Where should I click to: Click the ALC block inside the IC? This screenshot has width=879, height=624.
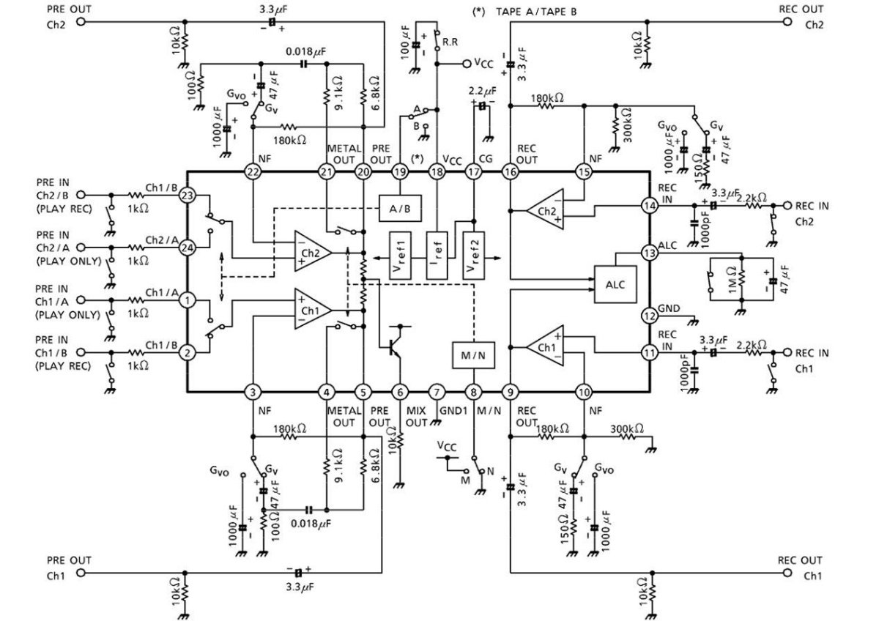[615, 284]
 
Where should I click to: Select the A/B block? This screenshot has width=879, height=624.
[400, 209]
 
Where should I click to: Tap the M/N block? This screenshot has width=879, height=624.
[473, 355]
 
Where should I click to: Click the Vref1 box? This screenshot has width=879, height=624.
[400, 256]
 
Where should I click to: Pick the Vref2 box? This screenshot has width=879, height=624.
[474, 256]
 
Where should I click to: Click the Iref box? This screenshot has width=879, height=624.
[437, 256]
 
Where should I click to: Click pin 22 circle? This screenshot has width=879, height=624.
[253, 172]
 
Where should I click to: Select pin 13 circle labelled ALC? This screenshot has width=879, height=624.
[650, 253]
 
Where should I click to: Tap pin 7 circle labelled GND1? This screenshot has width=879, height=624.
[437, 392]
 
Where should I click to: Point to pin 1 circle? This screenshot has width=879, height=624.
[188, 300]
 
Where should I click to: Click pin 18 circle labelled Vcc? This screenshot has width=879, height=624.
[437, 172]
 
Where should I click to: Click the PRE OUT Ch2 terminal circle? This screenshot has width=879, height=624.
[81, 21]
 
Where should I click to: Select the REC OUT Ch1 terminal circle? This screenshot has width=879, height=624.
[787, 573]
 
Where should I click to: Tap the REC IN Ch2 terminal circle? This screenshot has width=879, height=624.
[787, 205]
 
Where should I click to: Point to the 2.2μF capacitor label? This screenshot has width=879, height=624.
[482, 92]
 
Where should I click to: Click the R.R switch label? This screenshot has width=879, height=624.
[450, 42]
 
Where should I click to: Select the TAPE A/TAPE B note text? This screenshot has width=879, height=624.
[536, 12]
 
